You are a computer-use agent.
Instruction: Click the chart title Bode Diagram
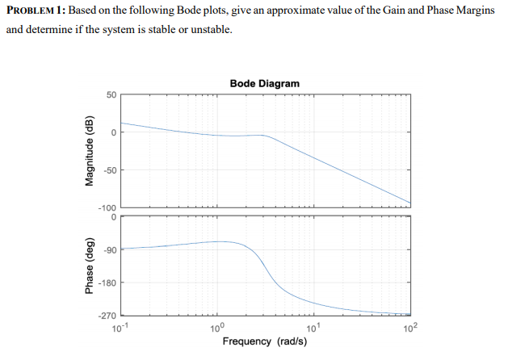264,84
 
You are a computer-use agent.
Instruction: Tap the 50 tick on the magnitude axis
111,95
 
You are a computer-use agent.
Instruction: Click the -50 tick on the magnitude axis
109,170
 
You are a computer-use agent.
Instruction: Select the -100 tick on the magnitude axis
107,207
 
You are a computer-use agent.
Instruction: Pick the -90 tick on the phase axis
109,249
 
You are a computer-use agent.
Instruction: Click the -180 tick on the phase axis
107,283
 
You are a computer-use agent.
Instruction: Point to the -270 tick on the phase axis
107,316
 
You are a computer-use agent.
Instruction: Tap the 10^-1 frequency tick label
121,327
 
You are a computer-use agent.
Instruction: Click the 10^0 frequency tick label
217,327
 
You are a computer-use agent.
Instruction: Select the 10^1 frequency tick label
313,327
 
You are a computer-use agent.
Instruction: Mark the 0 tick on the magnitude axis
114,132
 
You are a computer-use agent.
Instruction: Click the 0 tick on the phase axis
114,216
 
